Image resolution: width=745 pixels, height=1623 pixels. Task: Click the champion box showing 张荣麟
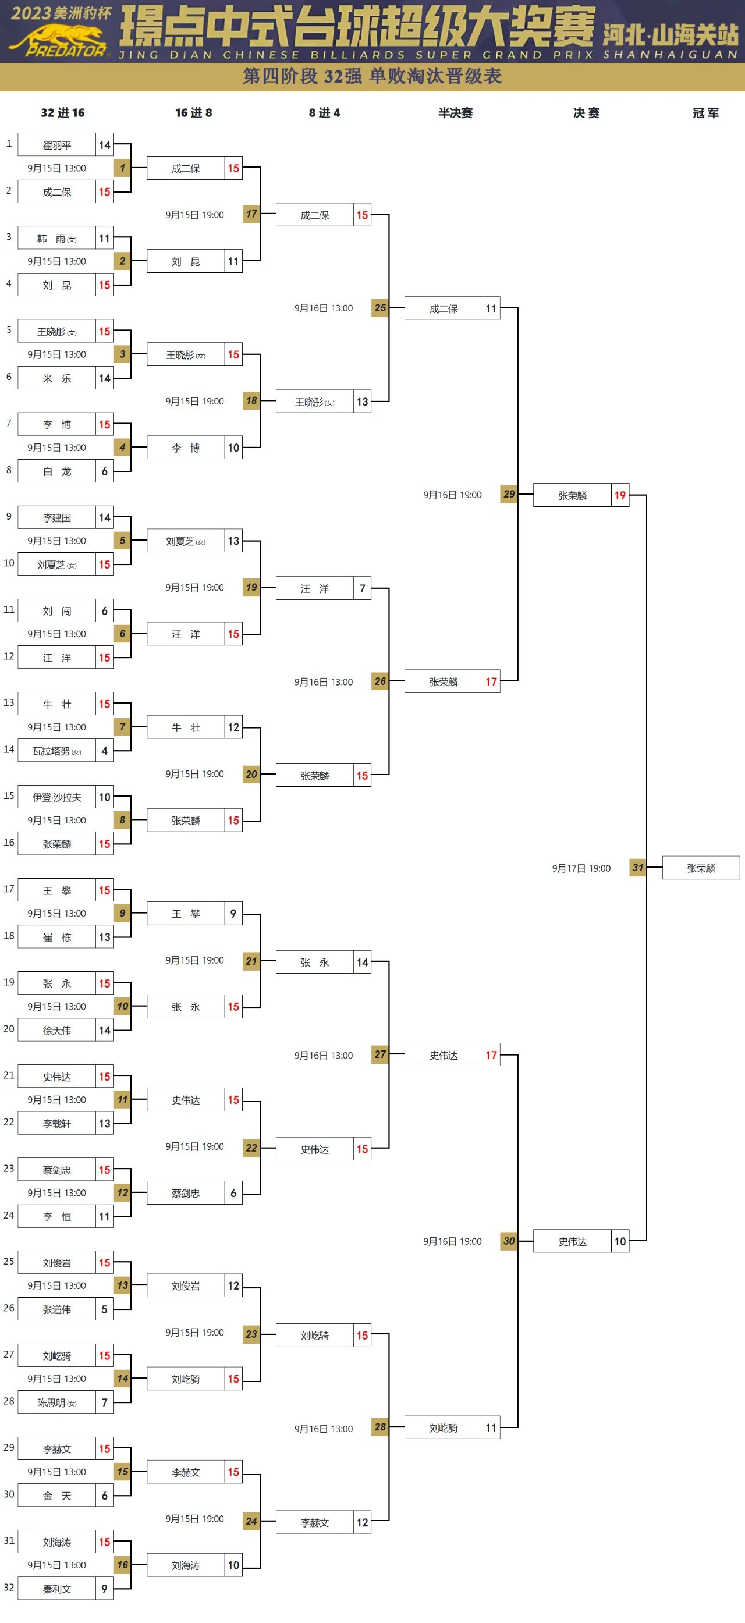point(700,868)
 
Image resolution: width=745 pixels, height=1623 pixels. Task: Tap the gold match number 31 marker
point(638,868)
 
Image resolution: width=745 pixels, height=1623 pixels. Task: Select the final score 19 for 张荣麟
point(620,495)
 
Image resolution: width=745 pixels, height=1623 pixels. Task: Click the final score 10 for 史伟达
point(620,1241)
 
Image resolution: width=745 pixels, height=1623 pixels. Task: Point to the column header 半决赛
point(455,113)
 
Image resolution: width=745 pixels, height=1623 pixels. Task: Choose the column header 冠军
point(705,113)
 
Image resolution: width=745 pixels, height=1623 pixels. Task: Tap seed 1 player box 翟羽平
point(56,145)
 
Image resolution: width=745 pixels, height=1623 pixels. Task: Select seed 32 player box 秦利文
point(56,1589)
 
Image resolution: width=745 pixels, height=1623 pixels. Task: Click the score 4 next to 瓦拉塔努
point(105,750)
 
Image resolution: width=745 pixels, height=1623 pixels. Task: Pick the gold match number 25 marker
point(380,308)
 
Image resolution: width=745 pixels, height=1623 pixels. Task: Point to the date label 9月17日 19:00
point(581,868)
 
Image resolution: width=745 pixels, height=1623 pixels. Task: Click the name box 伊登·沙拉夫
point(56,797)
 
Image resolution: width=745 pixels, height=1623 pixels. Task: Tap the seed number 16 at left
point(9,843)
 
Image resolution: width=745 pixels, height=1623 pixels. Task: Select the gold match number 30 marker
point(509,1241)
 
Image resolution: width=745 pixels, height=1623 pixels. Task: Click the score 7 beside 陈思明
point(105,1402)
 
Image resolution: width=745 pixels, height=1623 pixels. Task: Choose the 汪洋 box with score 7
point(314,588)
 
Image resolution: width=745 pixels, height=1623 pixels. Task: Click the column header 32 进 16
point(62,113)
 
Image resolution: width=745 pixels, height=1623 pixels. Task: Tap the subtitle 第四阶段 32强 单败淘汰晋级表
point(372,76)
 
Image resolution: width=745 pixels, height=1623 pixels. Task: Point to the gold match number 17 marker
point(251,214)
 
